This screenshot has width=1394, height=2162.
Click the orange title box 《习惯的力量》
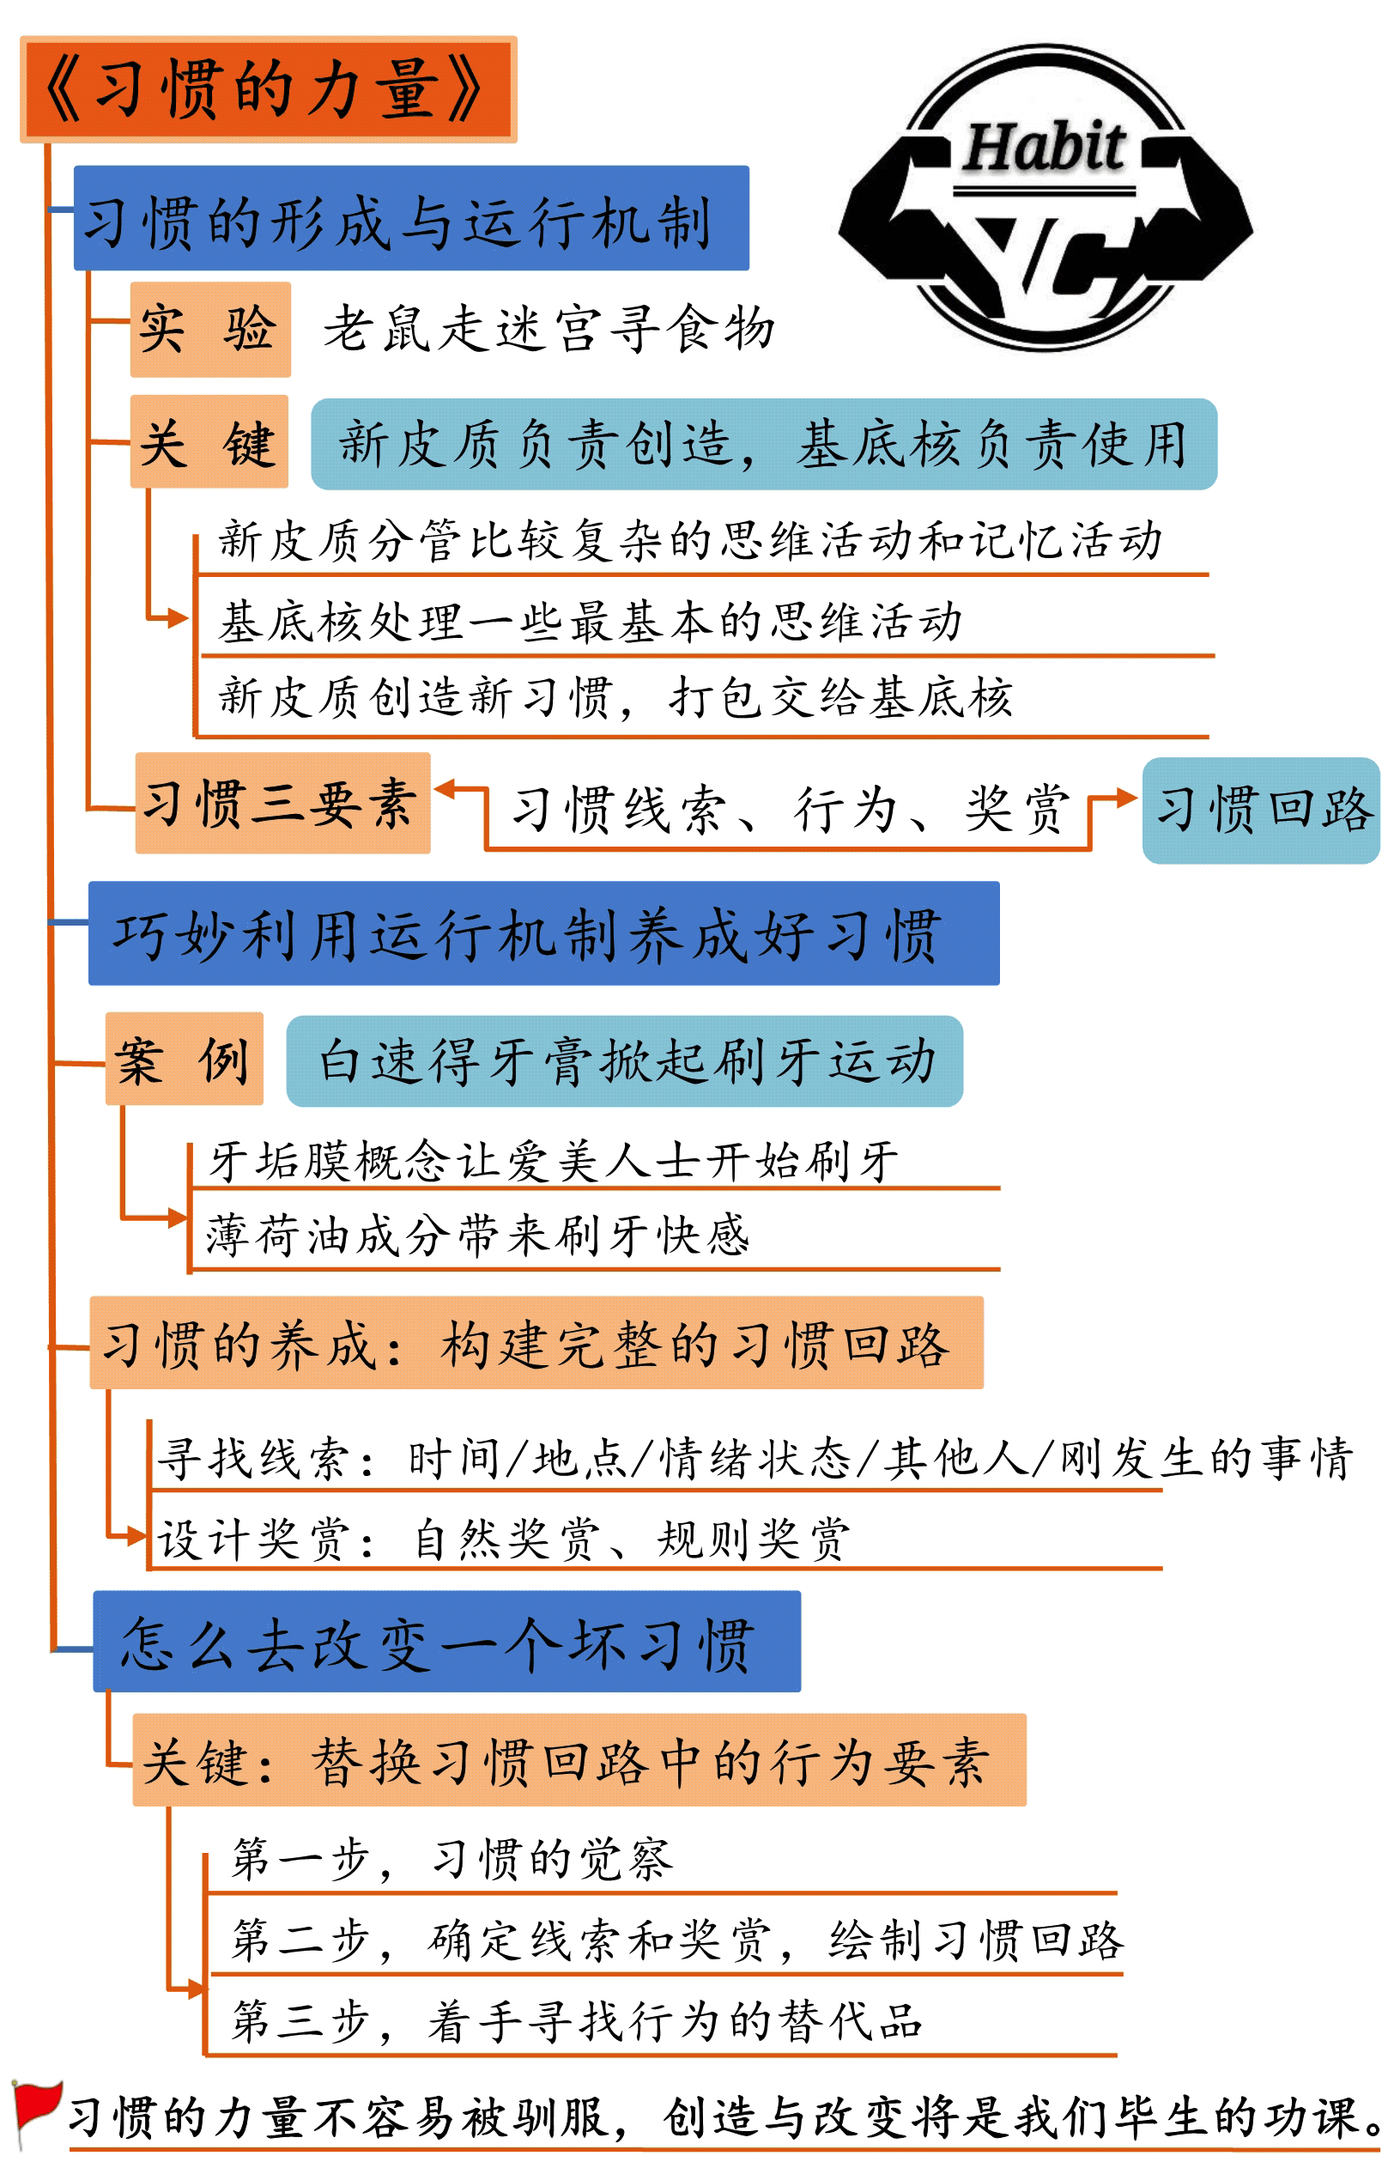pos(268,88)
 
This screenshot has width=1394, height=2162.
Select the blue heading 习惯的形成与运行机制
pos(411,217)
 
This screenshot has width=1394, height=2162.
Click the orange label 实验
pos(210,329)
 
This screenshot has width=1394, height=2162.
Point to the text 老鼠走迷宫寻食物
pos(549,328)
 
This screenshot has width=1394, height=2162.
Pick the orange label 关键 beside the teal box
pos(209,442)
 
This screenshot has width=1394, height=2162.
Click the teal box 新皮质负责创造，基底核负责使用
pos(764,444)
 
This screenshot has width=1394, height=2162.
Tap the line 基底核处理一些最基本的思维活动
pos(590,621)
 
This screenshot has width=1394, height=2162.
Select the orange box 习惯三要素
pos(282,803)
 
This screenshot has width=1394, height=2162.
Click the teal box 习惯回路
pos(1261,810)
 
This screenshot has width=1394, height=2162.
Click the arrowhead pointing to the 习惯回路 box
pos(1127,798)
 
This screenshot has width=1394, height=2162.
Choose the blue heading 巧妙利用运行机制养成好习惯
pos(544,932)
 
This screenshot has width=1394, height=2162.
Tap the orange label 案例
pos(185,1059)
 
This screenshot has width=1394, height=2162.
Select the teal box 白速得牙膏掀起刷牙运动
pos(625,1061)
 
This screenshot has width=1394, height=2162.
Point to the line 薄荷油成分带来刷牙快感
pos(478,1234)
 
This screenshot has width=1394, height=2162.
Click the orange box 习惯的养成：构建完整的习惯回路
pos(536,1342)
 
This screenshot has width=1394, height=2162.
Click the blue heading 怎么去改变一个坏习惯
pos(447,1641)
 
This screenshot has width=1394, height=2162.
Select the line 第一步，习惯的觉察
pos(452,1859)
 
